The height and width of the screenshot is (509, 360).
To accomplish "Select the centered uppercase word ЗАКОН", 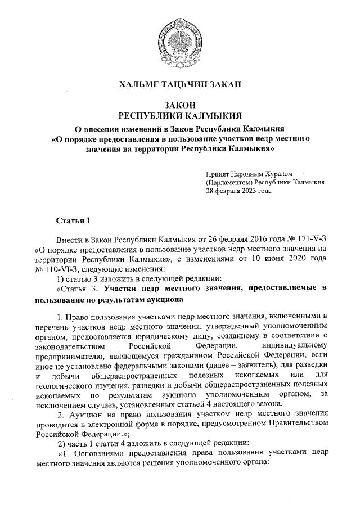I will click(180, 105).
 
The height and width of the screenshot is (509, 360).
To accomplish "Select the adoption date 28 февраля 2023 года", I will click(238, 191).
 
